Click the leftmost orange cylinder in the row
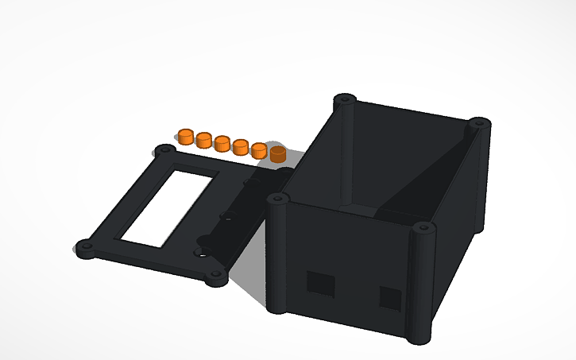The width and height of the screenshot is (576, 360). coord(185,136)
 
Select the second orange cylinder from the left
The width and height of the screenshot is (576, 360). coord(204,141)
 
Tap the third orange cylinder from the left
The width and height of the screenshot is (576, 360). coord(222,143)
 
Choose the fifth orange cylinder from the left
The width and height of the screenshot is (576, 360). coord(259,149)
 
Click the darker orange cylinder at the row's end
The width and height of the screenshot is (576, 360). coord(277,153)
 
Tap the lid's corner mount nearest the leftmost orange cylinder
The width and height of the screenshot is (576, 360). coord(165,150)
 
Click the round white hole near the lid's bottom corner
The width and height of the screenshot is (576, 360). coord(205,255)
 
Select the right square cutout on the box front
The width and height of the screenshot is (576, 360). coord(390,298)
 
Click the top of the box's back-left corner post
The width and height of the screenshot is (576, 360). coord(343,100)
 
